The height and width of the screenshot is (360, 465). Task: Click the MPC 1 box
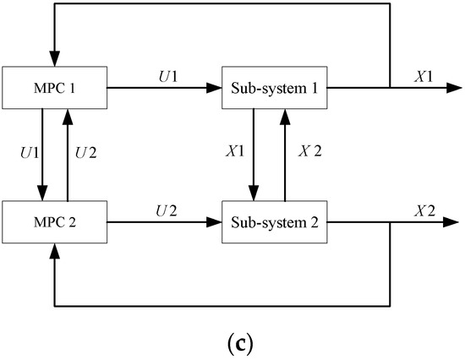tap(55, 87)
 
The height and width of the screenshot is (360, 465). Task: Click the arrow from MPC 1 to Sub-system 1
tap(166, 87)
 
